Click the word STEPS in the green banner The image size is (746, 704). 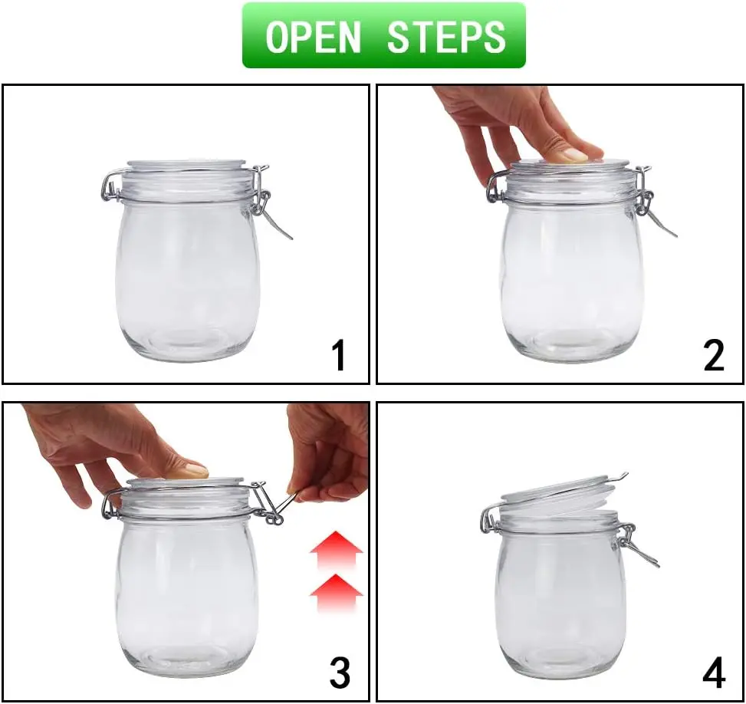[446, 36]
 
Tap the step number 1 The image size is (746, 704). [337, 357]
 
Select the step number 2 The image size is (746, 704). [713, 356]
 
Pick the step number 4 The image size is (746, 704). [713, 673]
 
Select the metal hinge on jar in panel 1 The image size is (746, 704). [110, 186]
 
